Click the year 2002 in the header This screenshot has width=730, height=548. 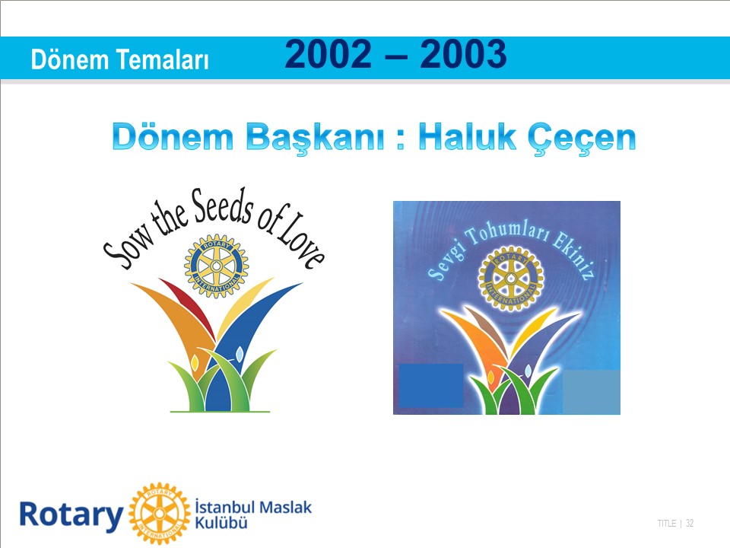pos(328,54)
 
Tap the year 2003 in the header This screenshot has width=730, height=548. pos(463,54)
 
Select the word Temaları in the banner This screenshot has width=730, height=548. pos(163,59)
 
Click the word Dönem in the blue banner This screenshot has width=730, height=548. pos(69,59)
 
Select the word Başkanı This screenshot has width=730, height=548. pos(315,139)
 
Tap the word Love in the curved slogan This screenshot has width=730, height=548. pos(300,241)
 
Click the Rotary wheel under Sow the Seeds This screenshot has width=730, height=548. pos(217,266)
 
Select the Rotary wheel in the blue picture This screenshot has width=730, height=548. pos(511,279)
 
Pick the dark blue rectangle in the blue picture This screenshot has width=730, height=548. pos(430,386)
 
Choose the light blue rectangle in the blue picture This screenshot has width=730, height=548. pos(592,392)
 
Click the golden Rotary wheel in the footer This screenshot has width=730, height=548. pos(159,514)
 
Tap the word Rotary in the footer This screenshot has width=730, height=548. pos(71,515)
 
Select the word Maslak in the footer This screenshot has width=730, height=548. pos(285,507)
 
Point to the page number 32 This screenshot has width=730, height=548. pos(690,524)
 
